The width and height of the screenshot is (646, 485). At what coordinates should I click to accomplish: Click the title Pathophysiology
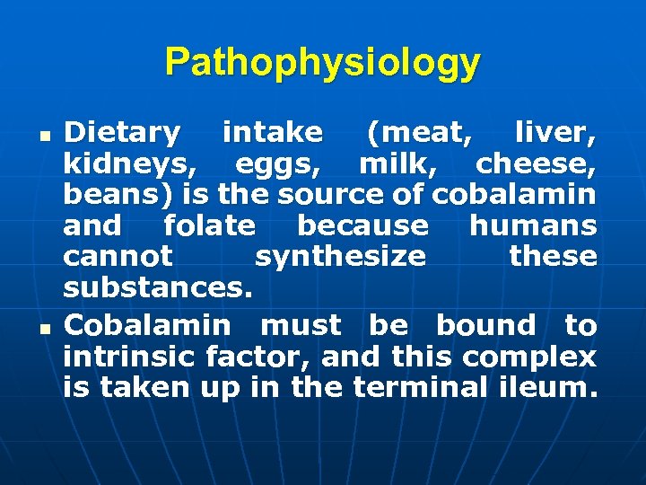323,63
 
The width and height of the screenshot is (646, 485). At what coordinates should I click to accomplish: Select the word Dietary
122,133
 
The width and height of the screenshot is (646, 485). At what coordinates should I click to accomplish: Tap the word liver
555,133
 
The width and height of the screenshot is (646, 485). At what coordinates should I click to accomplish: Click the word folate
209,225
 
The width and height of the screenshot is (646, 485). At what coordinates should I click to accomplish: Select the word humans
532,225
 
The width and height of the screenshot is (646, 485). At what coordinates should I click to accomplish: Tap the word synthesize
340,256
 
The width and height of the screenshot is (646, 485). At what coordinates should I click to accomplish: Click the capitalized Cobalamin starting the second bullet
147,324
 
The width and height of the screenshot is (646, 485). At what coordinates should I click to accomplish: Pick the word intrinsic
130,357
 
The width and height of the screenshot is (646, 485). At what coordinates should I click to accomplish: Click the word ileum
547,387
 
